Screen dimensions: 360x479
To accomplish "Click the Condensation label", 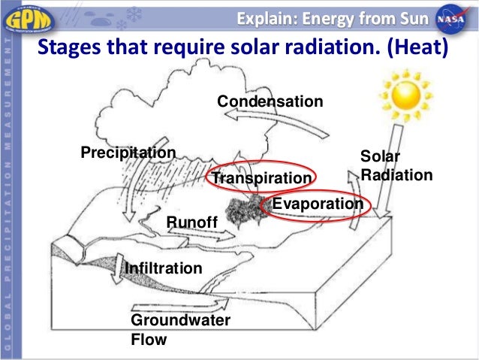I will pyautogui.click(x=270, y=101).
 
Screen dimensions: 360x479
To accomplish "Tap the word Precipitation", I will pyautogui.click(x=128, y=153).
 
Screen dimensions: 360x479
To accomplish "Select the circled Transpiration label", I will pyautogui.click(x=260, y=178).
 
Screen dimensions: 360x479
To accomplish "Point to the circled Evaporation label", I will pyautogui.click(x=317, y=204).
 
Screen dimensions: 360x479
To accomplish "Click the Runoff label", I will pyautogui.click(x=191, y=222).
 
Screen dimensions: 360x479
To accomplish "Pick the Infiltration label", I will pyautogui.click(x=163, y=268).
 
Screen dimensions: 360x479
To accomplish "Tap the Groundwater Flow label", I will pyautogui.click(x=180, y=330).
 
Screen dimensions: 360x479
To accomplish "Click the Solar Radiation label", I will pyautogui.click(x=396, y=165).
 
